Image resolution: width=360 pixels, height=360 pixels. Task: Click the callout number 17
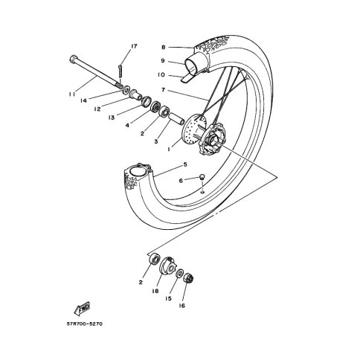[134, 46]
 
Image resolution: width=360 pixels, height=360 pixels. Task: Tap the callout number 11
[72, 94]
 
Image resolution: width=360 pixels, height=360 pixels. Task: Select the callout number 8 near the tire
[163, 47]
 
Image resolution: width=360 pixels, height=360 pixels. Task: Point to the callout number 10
[161, 74]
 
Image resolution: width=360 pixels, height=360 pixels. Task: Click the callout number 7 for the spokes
[163, 90]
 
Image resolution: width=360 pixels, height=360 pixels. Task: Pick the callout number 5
[185, 164]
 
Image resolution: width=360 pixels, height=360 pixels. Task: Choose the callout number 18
[155, 291]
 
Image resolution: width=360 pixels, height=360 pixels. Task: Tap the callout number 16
[182, 306]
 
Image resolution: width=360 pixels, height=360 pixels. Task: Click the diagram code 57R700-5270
[84, 324]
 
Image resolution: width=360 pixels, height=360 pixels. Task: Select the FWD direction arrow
[83, 309]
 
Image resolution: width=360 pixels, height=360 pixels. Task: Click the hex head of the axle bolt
[73, 59]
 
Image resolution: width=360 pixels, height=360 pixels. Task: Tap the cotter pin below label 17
[120, 71]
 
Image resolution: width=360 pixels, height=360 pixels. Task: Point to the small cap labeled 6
[202, 177]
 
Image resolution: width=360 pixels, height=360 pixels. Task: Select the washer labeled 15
[179, 274]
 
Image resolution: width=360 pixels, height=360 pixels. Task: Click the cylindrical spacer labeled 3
[176, 118]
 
